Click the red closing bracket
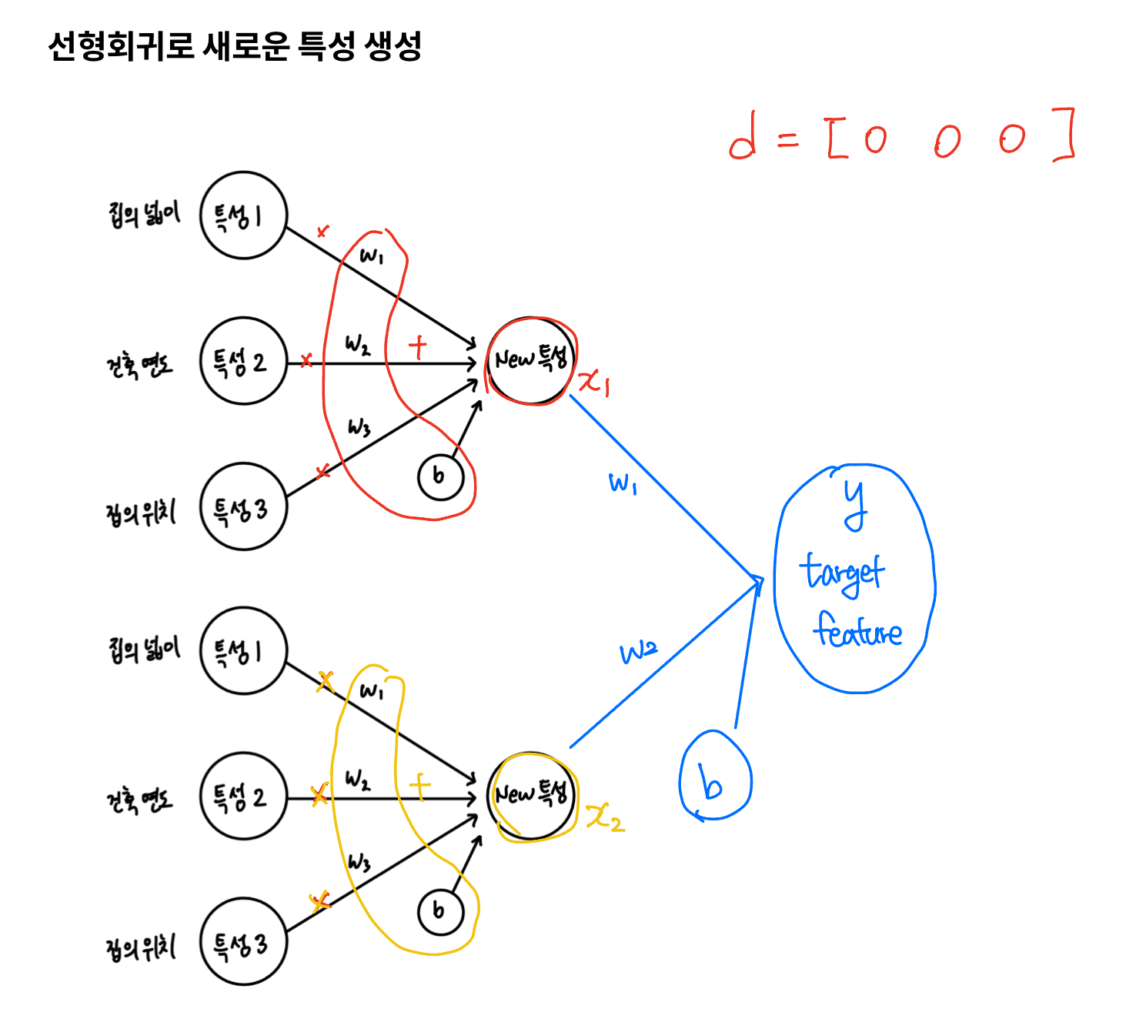pyautogui.click(x=1065, y=135)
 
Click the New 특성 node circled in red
pyautogui.click(x=531, y=359)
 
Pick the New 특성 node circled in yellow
pyautogui.click(x=531, y=795)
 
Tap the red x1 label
pyautogui.click(x=594, y=380)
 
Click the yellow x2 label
pyautogui.click(x=605, y=817)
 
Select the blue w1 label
pyautogui.click(x=623, y=483)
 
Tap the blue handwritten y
pyautogui.click(x=854, y=504)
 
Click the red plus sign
pyautogui.click(x=417, y=347)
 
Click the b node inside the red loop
pyautogui.click(x=440, y=476)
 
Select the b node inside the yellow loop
pyautogui.click(x=440, y=912)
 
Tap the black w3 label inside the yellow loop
pyautogui.click(x=359, y=862)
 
